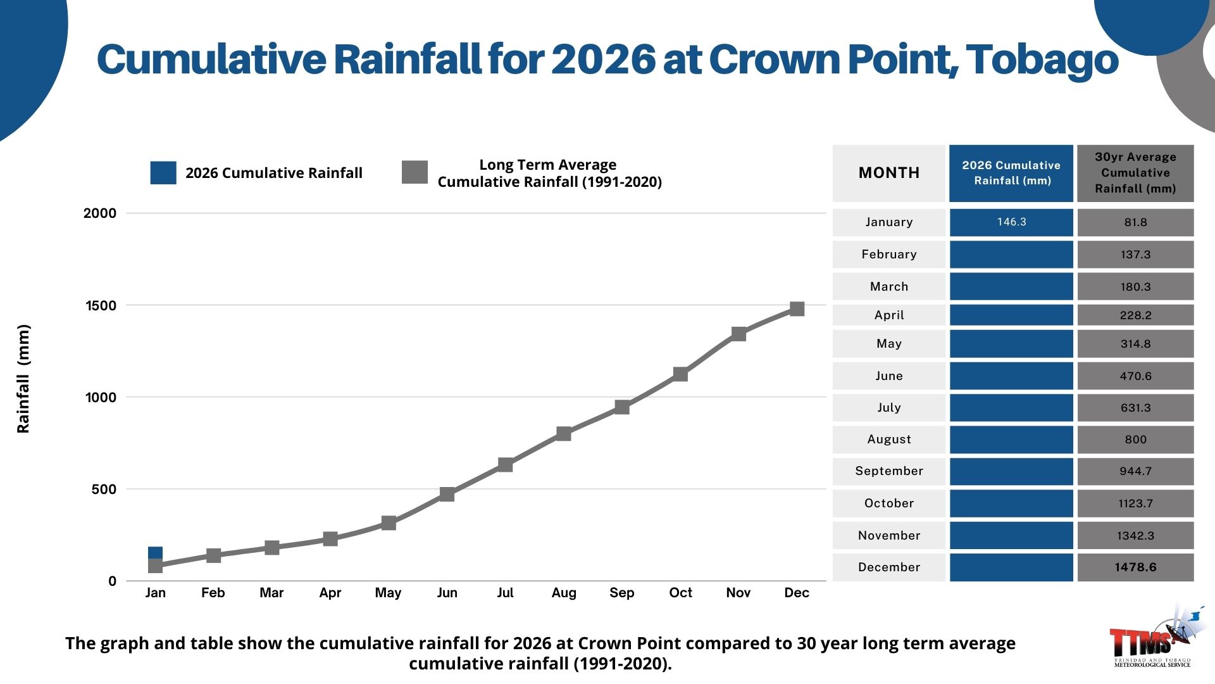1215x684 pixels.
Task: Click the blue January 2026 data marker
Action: tap(155, 553)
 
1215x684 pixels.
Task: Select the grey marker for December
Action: tap(797, 309)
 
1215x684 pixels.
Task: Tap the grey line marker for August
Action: tap(564, 434)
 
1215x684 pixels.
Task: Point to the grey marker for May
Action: tap(389, 523)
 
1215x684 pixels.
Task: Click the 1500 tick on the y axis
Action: tap(101, 306)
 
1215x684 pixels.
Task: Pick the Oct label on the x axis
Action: tap(680, 593)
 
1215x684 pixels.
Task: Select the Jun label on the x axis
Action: tap(447, 593)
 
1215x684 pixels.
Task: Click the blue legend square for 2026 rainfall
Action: tap(163, 173)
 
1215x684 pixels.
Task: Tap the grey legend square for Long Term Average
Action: tap(414, 172)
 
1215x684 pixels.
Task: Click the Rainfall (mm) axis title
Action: tap(23, 379)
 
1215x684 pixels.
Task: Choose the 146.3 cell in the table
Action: tap(1011, 222)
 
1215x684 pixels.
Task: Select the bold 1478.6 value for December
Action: tap(1135, 567)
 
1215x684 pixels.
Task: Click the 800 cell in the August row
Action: tap(1135, 440)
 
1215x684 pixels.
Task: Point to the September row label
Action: tap(888, 471)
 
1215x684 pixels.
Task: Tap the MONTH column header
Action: tap(888, 173)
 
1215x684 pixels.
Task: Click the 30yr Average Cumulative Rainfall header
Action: tap(1135, 173)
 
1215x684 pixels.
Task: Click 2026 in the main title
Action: tap(603, 60)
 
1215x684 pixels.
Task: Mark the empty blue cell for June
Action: tap(1011, 376)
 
